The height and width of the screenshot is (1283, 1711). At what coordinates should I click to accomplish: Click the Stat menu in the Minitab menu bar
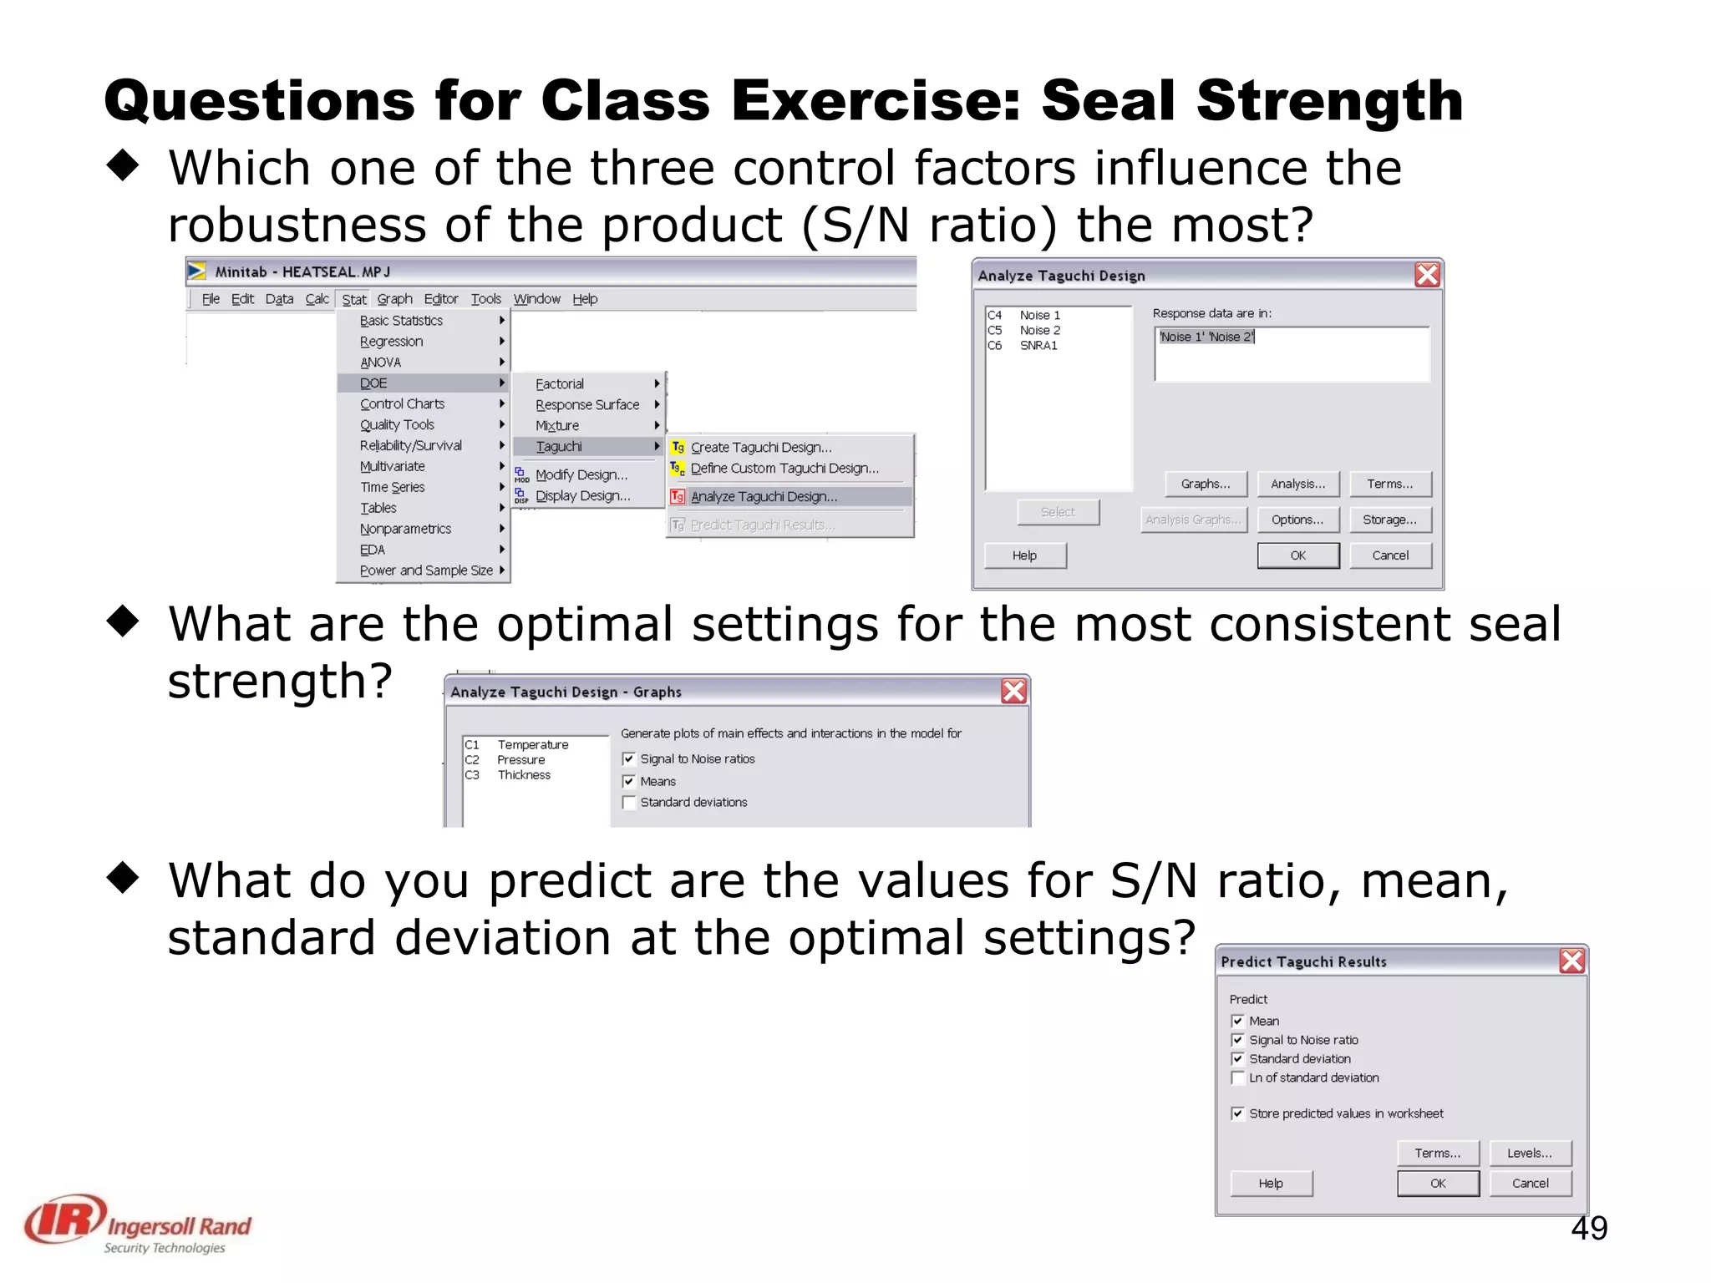click(353, 299)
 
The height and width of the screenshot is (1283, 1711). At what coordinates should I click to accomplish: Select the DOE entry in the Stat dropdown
click(373, 383)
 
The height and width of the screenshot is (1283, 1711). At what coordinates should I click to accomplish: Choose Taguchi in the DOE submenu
click(559, 447)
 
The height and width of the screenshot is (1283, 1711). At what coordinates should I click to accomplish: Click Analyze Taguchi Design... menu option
click(764, 497)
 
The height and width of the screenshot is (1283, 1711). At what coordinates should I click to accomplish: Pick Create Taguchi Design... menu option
click(760, 448)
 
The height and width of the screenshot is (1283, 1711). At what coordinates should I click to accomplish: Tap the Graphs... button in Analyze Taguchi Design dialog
click(1205, 484)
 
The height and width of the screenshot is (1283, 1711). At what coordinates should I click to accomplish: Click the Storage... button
click(1389, 520)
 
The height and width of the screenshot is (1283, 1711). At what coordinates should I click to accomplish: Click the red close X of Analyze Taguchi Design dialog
click(1427, 276)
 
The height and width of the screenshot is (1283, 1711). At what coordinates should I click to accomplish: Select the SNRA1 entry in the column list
click(1038, 346)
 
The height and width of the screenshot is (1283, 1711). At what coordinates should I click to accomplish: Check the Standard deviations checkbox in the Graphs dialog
click(630, 803)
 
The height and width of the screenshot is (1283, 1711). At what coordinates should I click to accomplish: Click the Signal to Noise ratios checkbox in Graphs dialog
click(629, 759)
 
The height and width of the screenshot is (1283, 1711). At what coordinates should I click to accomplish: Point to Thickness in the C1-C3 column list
click(524, 775)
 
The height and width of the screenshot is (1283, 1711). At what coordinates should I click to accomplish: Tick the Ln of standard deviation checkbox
click(1238, 1078)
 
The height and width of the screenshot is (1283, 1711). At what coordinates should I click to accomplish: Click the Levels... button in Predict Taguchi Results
click(1529, 1154)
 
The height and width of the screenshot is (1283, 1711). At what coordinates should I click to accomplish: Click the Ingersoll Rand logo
click(138, 1224)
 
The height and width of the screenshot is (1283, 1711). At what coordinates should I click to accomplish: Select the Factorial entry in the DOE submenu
click(560, 384)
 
